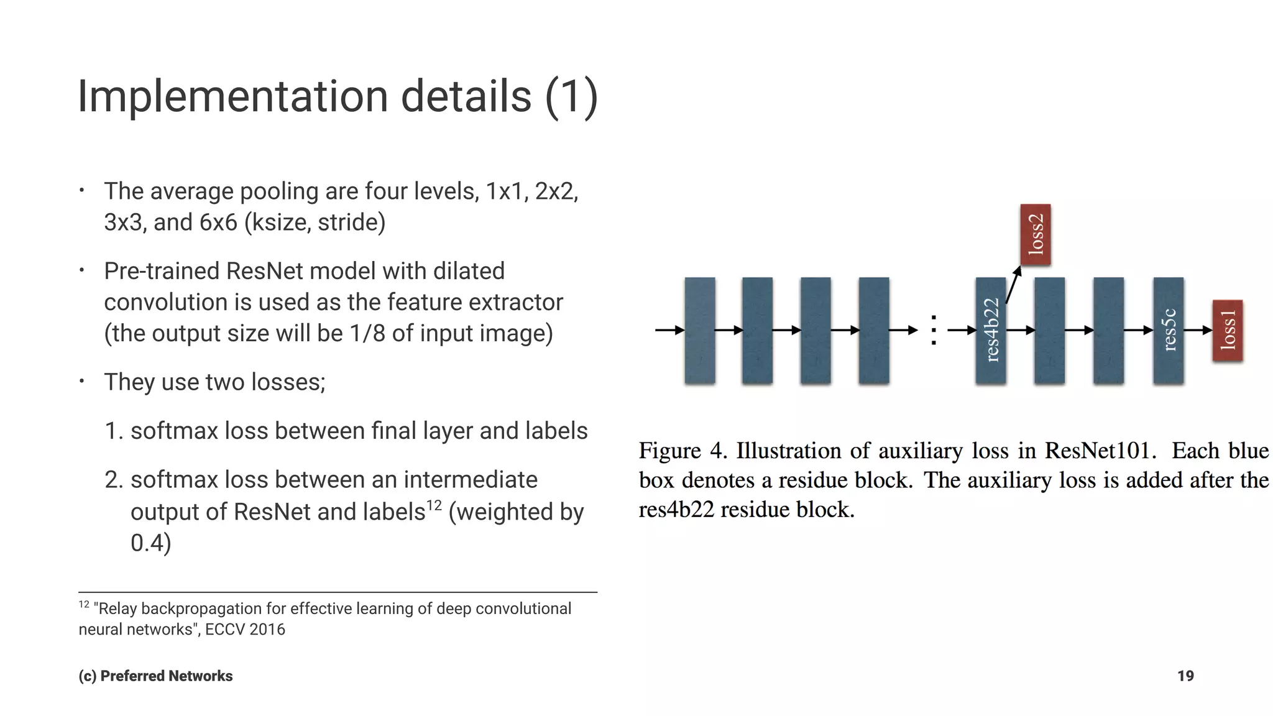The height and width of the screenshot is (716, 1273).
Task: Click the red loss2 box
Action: point(1035,234)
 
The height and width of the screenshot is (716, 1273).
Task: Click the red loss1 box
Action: point(1228,330)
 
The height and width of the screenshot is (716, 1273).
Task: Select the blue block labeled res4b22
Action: point(991,330)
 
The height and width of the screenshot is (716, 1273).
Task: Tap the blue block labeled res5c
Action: point(1168,330)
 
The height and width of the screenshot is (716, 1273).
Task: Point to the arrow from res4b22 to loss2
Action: point(1013,285)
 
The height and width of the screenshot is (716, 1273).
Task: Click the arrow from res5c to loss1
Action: point(1198,330)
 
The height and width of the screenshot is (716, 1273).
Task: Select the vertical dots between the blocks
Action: point(933,330)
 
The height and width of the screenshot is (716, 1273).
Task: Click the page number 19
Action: point(1185,676)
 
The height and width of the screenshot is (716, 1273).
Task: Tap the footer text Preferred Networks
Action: point(166,676)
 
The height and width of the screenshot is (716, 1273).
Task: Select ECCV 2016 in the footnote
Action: point(245,629)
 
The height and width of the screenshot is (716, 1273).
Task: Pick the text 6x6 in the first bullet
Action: point(218,222)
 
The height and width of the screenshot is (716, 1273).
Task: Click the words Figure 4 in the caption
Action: point(682,451)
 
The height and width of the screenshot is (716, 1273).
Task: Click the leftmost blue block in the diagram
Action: point(700,330)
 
